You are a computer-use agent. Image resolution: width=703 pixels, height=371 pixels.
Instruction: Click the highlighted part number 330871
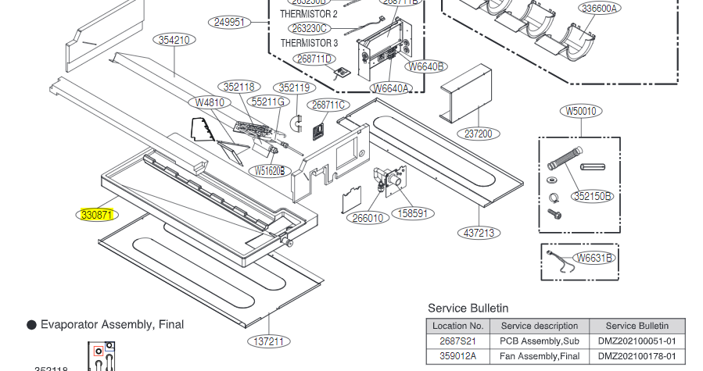click(99, 214)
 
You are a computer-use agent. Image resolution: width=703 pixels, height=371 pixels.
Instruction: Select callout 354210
click(173, 41)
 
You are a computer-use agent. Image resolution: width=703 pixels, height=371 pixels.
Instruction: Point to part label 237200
click(479, 134)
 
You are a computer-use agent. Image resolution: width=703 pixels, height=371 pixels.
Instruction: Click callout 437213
click(479, 232)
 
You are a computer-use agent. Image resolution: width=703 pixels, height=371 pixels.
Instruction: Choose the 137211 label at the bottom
click(269, 341)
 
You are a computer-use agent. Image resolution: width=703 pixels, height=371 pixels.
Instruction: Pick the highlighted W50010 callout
click(580, 111)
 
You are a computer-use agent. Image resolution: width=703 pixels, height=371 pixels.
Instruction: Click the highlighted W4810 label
click(210, 102)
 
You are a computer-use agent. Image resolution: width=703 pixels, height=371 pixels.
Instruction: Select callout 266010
click(368, 218)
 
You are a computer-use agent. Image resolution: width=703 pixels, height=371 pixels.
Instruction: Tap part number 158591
click(412, 212)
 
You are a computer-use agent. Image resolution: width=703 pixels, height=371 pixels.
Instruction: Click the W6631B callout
click(594, 258)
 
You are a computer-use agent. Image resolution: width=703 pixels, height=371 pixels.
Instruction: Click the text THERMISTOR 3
click(309, 43)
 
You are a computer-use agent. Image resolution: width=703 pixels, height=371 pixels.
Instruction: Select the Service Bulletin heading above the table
click(468, 309)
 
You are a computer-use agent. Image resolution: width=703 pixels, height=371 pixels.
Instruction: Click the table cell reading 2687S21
click(457, 341)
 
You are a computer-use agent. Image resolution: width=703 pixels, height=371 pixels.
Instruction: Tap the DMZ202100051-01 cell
click(637, 341)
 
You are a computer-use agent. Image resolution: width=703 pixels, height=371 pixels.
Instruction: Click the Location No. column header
click(457, 326)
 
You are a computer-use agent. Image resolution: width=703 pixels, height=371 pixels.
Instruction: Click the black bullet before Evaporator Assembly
click(32, 324)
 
